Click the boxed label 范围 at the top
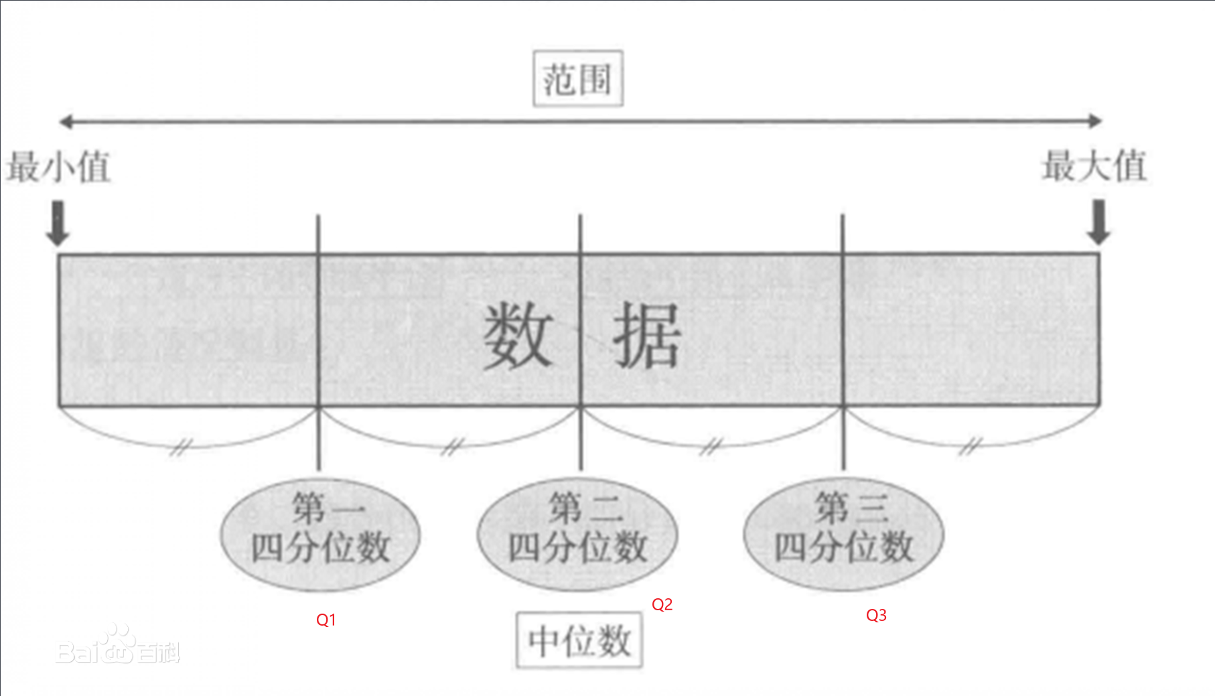tap(577, 79)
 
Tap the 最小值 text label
tap(58, 166)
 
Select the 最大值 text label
tap(1094, 165)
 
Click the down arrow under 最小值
tap(58, 223)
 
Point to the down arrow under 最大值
tap(1098, 222)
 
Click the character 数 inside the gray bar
tap(518, 335)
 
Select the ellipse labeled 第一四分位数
tap(320, 534)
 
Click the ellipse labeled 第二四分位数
tap(577, 534)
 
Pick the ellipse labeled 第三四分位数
tap(843, 534)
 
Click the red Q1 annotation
tap(326, 620)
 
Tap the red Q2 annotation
tap(662, 605)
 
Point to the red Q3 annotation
tap(876, 616)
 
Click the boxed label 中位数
tap(579, 640)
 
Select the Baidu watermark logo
tap(118, 647)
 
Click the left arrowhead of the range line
tap(65, 121)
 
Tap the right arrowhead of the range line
tap(1095, 121)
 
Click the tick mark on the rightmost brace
tap(969, 445)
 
